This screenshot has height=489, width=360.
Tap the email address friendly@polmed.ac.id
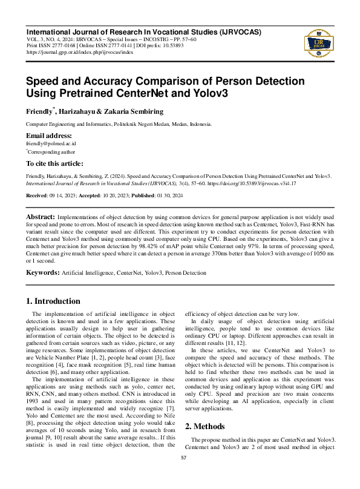51,144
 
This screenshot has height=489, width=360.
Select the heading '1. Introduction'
53,301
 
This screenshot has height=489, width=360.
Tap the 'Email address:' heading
49,136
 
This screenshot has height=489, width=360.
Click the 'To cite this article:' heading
54,163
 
